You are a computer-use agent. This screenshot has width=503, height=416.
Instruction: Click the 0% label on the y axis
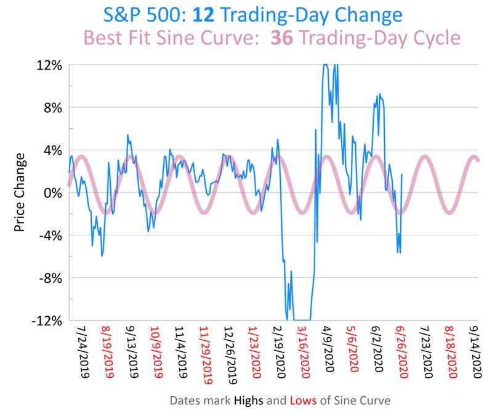pyautogui.click(x=52, y=192)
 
